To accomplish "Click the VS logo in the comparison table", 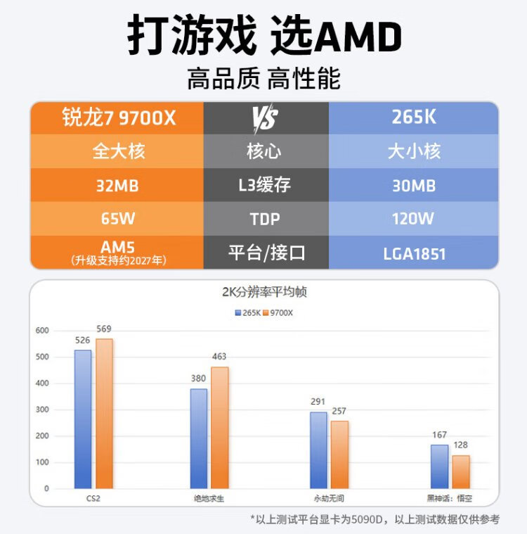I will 266,117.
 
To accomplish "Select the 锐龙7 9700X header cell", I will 117,117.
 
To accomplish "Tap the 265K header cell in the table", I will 414,117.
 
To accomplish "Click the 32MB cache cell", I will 117,186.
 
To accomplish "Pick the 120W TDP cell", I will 414,219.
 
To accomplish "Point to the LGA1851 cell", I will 414,253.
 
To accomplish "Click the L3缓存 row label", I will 266,186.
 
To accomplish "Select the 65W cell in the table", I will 117,219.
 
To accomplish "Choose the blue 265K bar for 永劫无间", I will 318,450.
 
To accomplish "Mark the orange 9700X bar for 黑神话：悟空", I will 461,471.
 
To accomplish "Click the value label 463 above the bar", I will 219,357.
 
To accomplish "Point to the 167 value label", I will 439,435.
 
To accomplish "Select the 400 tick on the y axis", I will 41,383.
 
